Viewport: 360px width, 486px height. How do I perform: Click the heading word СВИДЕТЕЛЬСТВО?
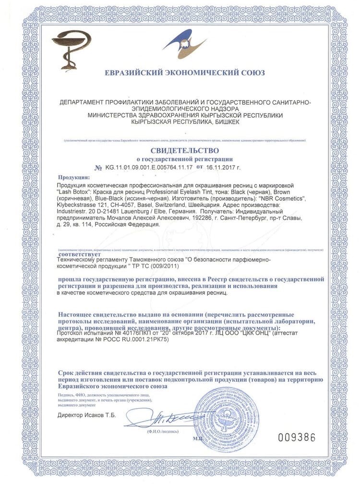click(180, 150)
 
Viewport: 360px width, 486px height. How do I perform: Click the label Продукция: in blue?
click(73, 177)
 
